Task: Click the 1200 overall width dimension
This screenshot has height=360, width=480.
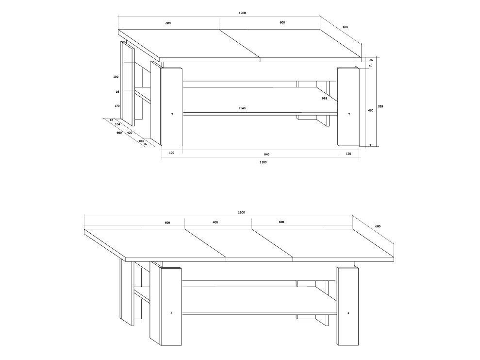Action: coord(242,13)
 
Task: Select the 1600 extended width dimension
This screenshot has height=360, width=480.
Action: coord(241,213)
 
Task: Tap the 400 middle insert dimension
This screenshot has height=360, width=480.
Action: coord(215,223)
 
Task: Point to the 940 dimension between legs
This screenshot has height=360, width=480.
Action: coord(266,154)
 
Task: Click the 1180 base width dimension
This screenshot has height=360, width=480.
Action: coord(263,162)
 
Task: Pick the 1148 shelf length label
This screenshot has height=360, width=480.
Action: coord(242,108)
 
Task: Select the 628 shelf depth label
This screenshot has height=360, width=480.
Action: coord(325,99)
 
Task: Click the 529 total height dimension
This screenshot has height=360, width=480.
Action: coord(381,106)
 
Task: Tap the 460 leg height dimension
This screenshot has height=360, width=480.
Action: coord(370,111)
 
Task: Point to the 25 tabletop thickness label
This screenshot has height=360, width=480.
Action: coord(371,60)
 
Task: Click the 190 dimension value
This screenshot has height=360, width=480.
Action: coord(116,77)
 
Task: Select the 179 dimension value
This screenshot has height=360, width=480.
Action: coord(117,106)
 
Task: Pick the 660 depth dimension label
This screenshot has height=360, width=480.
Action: coord(119,133)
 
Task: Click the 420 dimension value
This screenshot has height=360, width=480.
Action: coord(130,133)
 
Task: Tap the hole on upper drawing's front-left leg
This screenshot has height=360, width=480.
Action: coord(172,114)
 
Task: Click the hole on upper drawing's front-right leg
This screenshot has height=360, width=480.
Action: coord(349,114)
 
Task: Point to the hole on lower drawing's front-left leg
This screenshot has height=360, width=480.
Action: coord(171,313)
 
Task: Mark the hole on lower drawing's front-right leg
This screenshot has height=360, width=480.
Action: coord(348,313)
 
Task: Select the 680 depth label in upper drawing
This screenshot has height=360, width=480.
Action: coord(345,27)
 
